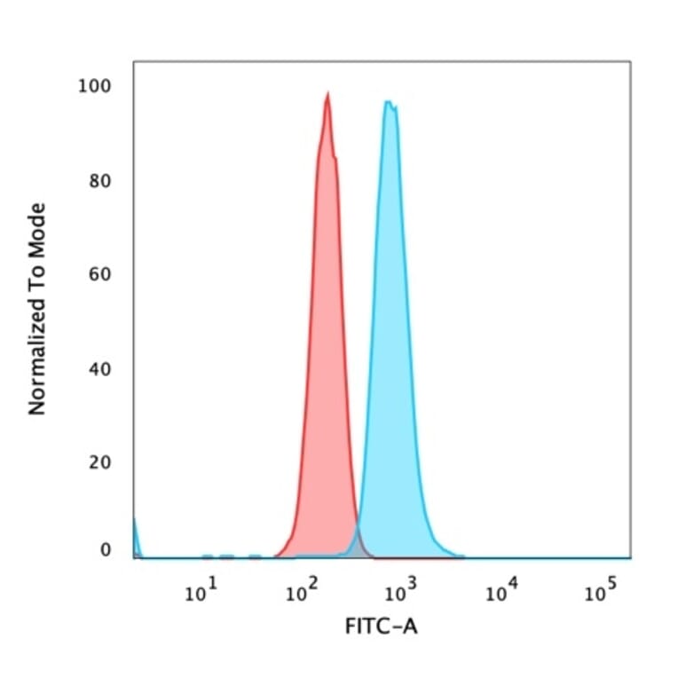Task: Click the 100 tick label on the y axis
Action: [95, 86]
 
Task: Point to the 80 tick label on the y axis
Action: [99, 182]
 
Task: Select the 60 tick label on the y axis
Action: [99, 274]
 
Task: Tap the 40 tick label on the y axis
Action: [99, 368]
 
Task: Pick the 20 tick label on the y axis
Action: [99, 462]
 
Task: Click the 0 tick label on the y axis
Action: [105, 551]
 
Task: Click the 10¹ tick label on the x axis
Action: [198, 592]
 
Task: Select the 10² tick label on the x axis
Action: [298, 592]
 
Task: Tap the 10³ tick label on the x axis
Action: [398, 592]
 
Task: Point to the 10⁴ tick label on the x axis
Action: [500, 592]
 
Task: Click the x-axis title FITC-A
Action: [381, 627]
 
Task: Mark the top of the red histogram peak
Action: [327, 94]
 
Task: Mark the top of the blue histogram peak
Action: [388, 103]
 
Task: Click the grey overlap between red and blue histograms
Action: [357, 545]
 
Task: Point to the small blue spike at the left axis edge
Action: [135, 532]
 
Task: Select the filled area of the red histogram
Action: [326, 355]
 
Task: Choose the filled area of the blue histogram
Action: [390, 355]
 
